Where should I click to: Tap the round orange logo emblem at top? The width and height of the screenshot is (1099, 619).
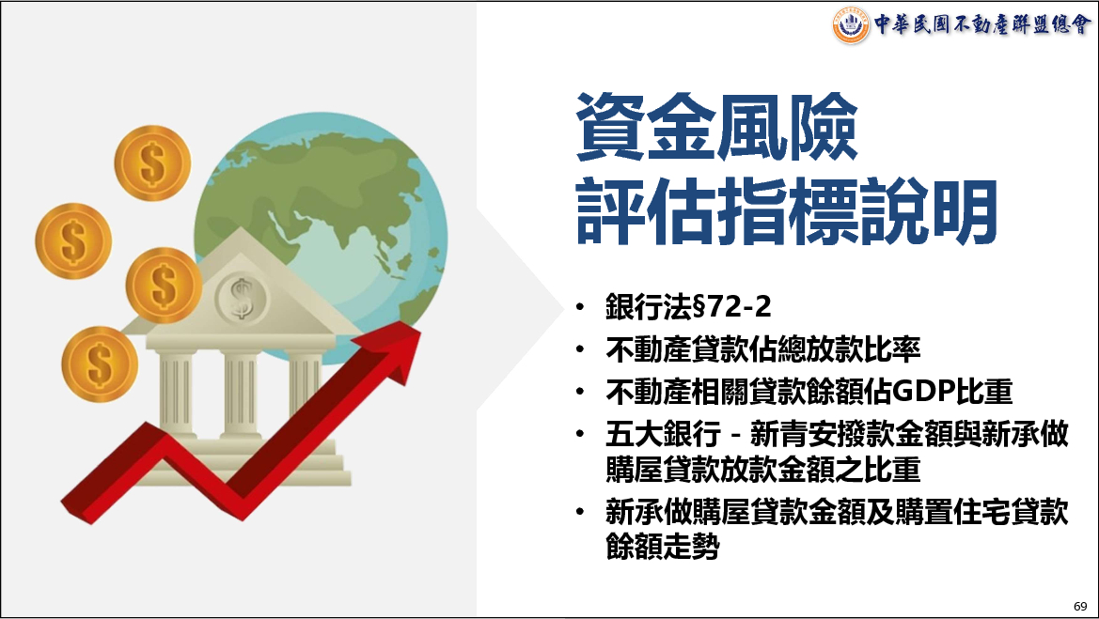click(851, 25)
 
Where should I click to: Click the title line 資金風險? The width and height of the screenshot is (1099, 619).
click(716, 128)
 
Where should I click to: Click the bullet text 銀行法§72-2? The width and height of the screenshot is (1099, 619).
click(688, 307)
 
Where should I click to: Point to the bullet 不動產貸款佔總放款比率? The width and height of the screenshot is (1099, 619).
click(763, 349)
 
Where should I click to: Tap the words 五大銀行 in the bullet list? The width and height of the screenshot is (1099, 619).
click(663, 435)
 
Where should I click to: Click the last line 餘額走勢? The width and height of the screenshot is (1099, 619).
click(663, 547)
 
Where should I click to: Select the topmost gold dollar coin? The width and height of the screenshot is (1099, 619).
click(153, 163)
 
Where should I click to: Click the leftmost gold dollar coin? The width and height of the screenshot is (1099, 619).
click(73, 240)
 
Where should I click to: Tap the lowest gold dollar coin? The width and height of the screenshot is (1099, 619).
click(100, 364)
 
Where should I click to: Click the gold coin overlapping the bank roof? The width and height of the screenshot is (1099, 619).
click(164, 286)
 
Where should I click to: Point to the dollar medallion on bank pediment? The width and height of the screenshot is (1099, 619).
click(241, 299)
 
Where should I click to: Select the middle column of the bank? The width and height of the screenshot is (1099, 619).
click(241, 395)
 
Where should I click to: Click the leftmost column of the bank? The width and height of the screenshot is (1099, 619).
click(176, 395)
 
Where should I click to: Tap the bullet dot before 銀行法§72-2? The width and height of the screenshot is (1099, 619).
click(580, 307)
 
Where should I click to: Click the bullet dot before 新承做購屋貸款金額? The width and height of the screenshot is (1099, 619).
click(580, 512)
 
